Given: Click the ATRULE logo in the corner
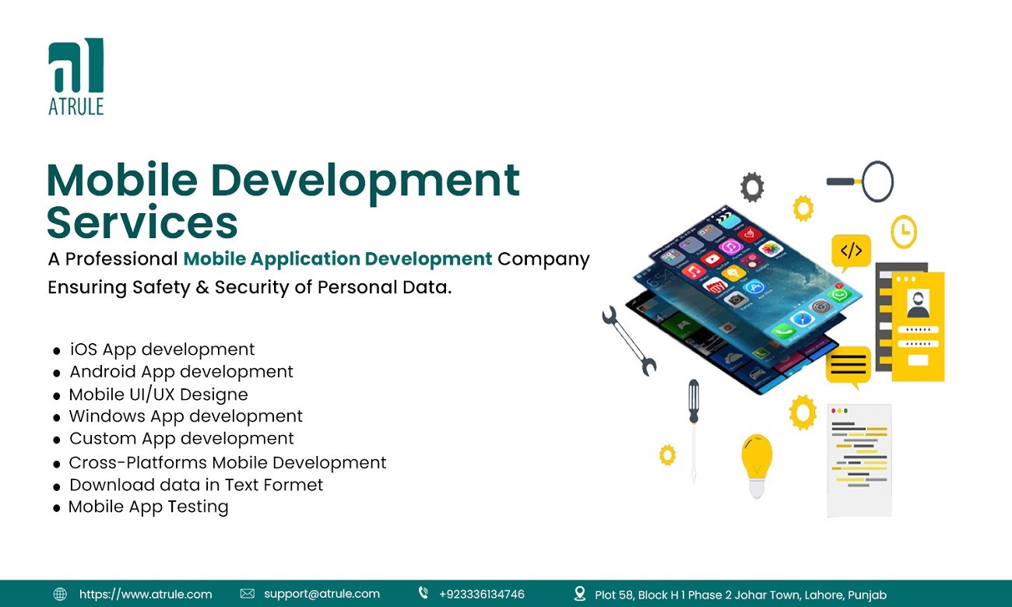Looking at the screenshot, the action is [76, 76].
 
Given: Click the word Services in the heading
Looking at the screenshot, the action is [142, 223].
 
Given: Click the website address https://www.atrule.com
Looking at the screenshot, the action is [146, 594].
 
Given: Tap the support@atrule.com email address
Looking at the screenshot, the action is [322, 594].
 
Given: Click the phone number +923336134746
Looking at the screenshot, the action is [482, 594].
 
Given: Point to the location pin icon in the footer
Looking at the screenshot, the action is [580, 594].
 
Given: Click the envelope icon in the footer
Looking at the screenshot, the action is [247, 594].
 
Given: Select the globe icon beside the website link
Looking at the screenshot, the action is [60, 594].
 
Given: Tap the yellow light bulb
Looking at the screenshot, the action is [757, 465].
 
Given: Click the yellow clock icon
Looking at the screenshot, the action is [904, 231].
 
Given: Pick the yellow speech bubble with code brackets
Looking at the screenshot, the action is [851, 252].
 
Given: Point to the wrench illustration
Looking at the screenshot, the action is [629, 341].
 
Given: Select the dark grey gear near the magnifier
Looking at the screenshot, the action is [752, 187].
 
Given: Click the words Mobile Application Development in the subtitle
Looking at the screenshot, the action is [338, 259].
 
